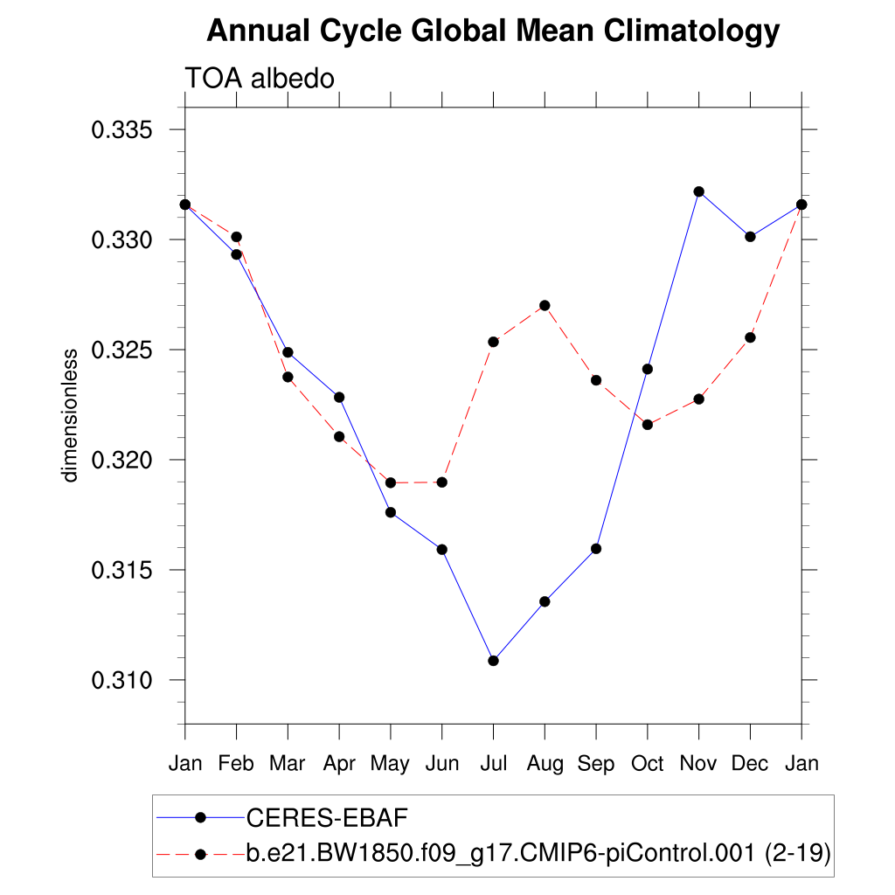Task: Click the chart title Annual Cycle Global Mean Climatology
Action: (493, 31)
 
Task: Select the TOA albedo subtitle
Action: (260, 79)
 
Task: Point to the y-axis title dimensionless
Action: (70, 415)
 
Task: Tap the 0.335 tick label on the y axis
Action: (122, 130)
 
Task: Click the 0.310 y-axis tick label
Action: (122, 680)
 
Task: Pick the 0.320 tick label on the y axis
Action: (122, 460)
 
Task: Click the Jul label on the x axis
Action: (493, 764)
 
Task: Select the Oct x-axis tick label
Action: (648, 764)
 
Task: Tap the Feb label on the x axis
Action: (236, 764)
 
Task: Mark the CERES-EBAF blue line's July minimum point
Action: (493, 661)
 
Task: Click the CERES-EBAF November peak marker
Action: (699, 191)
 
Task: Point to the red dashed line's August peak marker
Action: (545, 305)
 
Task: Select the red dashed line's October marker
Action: (648, 425)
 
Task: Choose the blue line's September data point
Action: (596, 549)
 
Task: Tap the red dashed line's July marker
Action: (493, 342)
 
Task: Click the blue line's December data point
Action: (750, 237)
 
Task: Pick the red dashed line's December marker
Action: (750, 337)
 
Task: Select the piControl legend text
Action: (538, 854)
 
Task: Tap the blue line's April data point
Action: (339, 398)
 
